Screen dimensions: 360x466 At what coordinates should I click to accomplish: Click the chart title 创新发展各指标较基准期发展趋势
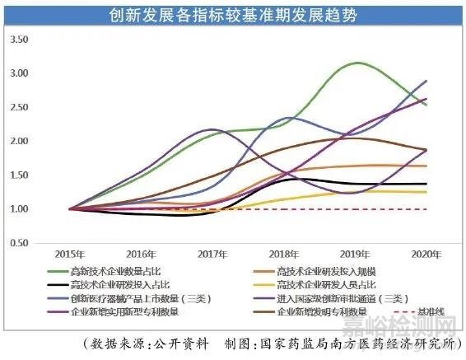[233, 16]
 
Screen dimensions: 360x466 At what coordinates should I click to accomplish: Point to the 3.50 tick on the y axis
[18, 40]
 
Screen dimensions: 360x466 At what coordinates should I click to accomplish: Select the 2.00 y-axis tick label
[18, 142]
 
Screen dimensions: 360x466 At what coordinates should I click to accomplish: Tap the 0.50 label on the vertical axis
[18, 244]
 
